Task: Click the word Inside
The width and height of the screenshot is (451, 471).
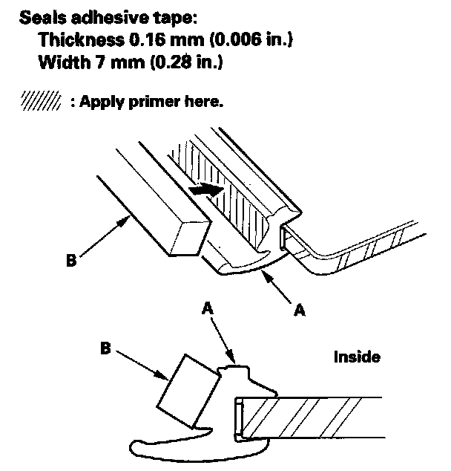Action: click(x=356, y=357)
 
